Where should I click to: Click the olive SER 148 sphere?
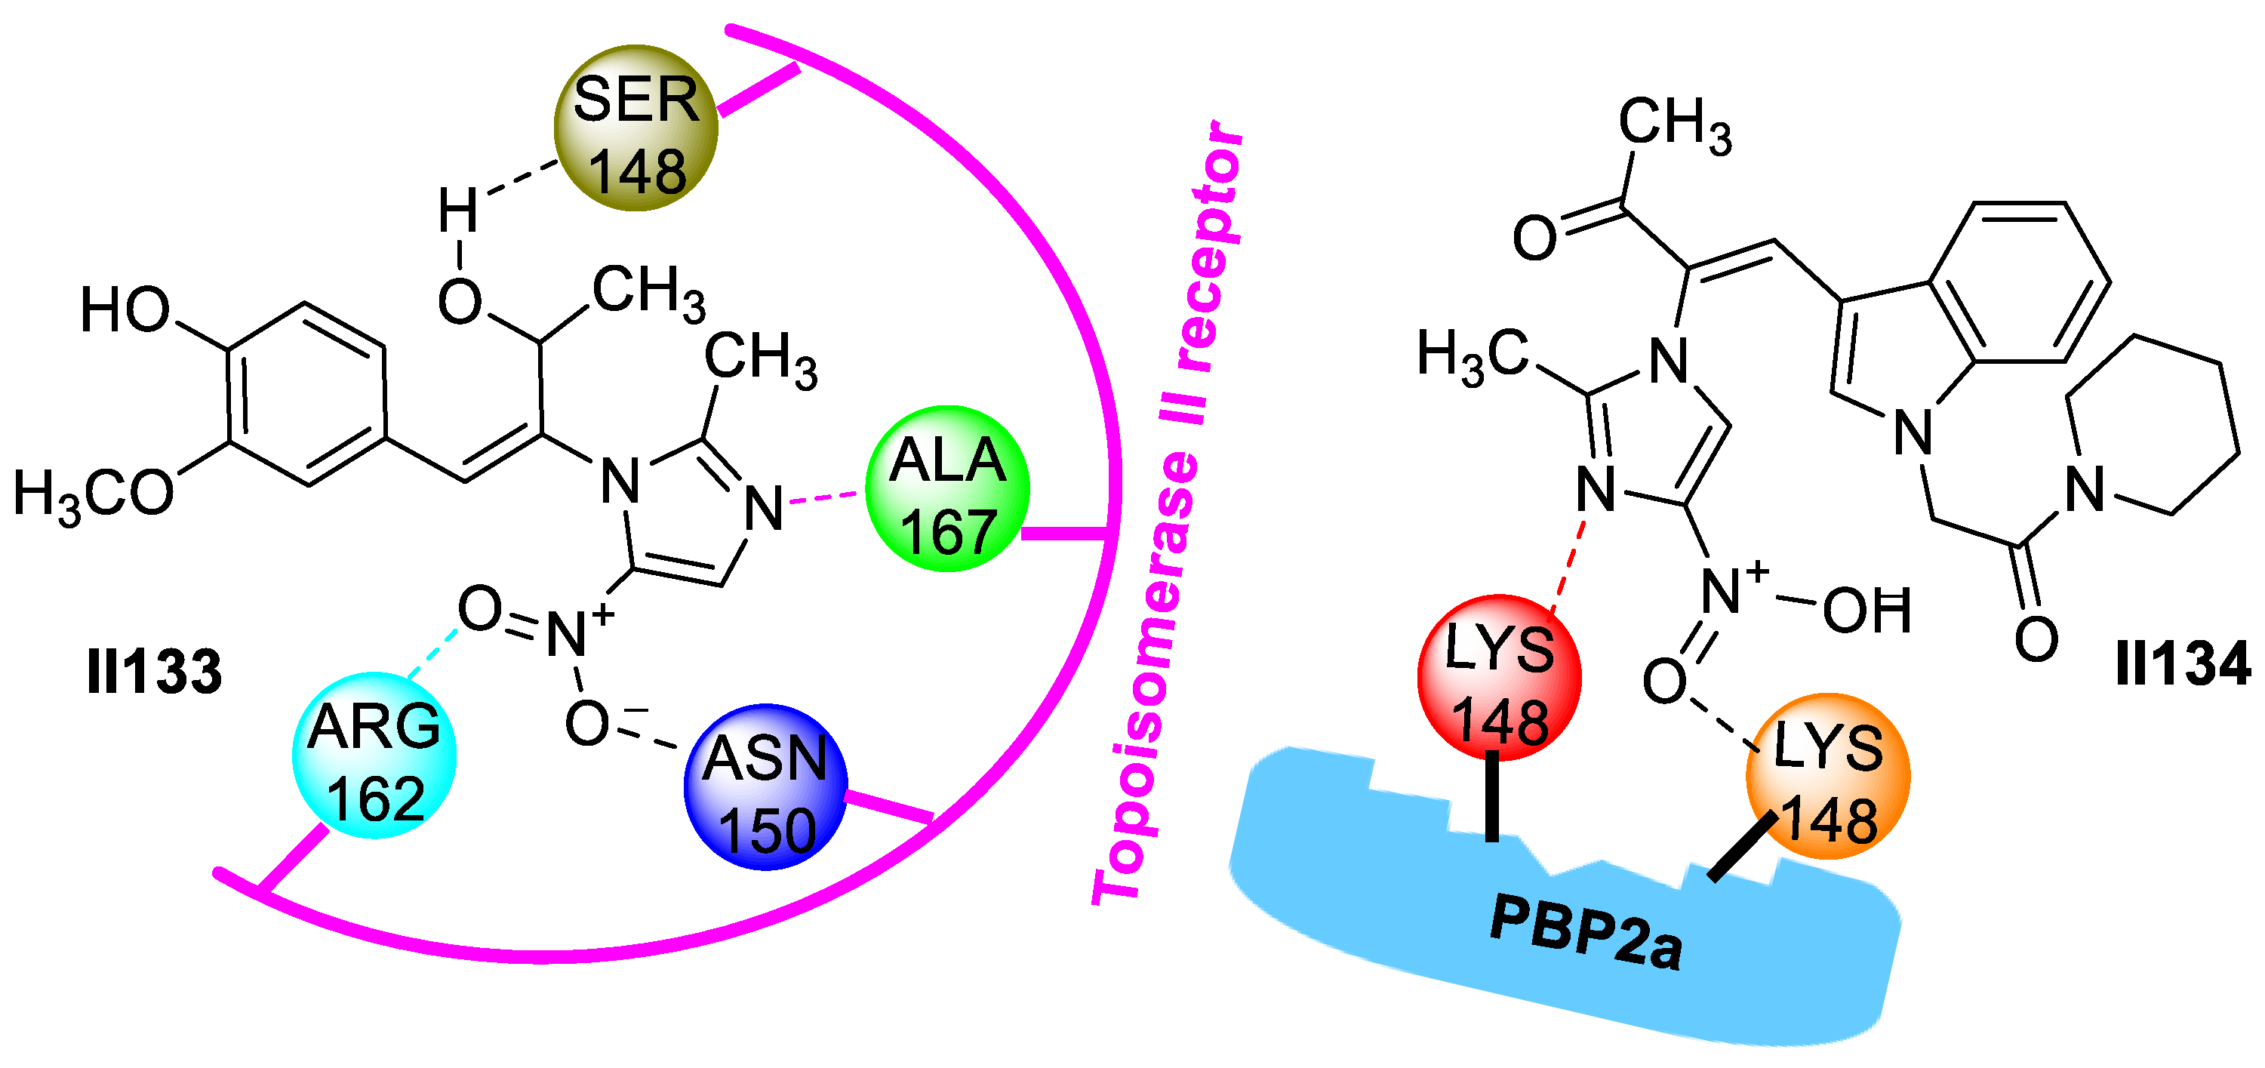pyautogui.click(x=635, y=128)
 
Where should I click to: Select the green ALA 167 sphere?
pyautogui.click(x=947, y=489)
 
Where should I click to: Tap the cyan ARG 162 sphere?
pyautogui.click(x=374, y=755)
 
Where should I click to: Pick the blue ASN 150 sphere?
pyautogui.click(x=765, y=786)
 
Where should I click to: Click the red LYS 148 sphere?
pyautogui.click(x=1499, y=678)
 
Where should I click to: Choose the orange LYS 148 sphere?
pyautogui.click(x=1827, y=776)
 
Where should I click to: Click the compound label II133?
pyautogui.click(x=155, y=673)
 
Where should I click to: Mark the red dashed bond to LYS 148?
pyautogui.click(x=1568, y=567)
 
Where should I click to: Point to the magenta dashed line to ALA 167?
pyautogui.click(x=824, y=498)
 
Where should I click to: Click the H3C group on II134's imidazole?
pyautogui.click(x=1473, y=356)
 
